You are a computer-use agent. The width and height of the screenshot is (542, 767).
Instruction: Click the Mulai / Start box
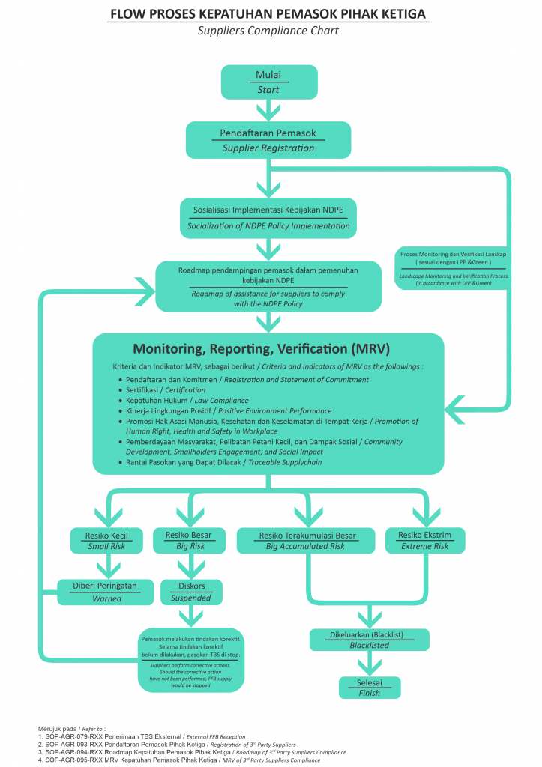click(x=269, y=82)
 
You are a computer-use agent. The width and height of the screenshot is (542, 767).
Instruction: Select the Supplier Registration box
click(x=268, y=140)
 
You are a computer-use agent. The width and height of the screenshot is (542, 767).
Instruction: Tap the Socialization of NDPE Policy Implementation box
click(x=268, y=218)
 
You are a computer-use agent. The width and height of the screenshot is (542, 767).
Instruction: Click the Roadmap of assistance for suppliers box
click(x=268, y=287)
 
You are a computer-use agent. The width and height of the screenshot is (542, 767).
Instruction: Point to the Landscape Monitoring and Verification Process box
click(x=453, y=268)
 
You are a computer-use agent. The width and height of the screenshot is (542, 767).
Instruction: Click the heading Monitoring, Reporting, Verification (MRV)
click(x=262, y=349)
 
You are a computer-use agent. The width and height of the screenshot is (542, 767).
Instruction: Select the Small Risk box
click(x=106, y=541)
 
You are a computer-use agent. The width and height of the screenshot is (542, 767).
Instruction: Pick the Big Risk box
click(x=190, y=541)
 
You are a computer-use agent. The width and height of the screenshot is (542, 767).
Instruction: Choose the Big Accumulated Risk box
click(x=306, y=541)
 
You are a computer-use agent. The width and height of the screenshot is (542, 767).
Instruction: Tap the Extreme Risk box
click(x=425, y=541)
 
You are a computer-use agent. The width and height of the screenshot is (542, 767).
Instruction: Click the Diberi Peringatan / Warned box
click(x=105, y=592)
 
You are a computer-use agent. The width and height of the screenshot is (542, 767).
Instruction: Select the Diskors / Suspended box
click(x=191, y=592)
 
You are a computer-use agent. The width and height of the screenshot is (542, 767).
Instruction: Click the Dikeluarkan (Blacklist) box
click(x=370, y=640)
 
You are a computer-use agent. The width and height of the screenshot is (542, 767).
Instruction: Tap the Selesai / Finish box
click(x=370, y=688)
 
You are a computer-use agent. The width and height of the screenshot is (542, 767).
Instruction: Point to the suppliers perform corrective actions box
click(x=191, y=661)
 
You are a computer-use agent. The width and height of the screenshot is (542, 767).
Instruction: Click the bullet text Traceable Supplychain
click(x=285, y=462)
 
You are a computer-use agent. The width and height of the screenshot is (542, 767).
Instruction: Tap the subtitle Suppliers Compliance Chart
click(x=268, y=30)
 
